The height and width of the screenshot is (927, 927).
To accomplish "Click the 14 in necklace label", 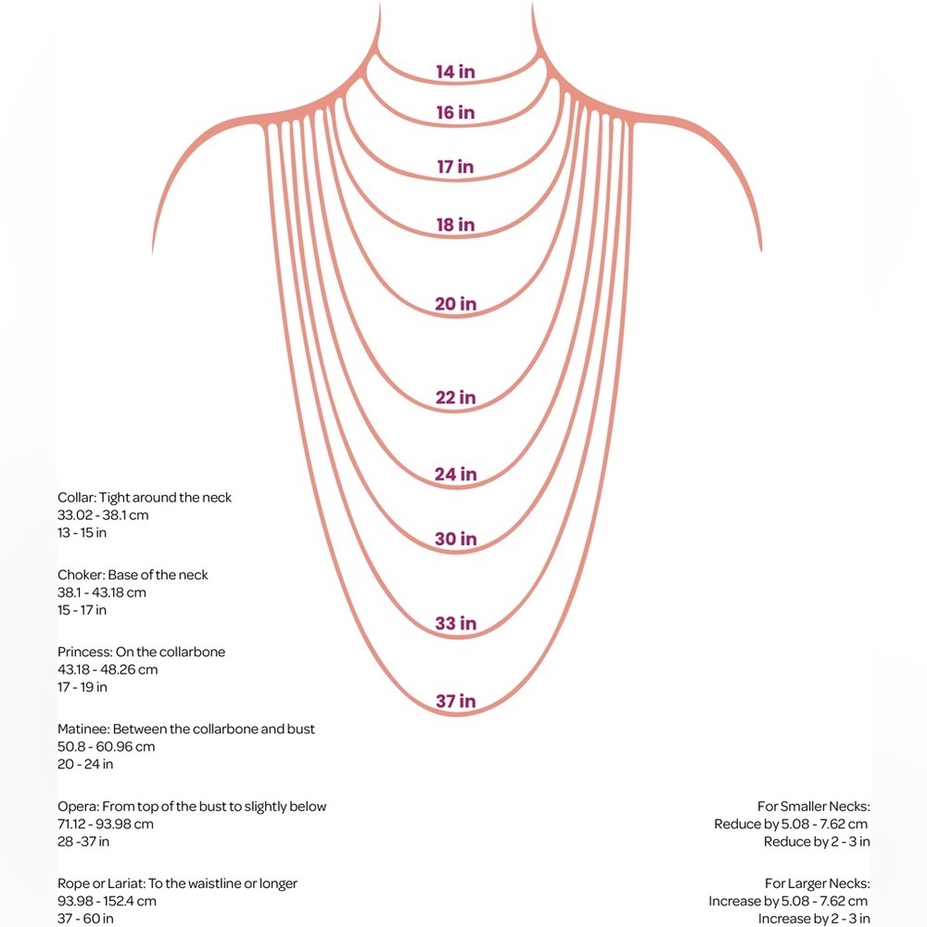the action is (x=455, y=71).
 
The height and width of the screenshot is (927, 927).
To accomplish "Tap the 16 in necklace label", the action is (x=455, y=112).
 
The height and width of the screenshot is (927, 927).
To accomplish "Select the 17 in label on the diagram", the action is (x=455, y=167).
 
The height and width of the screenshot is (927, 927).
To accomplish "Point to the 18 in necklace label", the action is (x=455, y=224).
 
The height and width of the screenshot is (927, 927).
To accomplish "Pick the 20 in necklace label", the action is (x=455, y=304).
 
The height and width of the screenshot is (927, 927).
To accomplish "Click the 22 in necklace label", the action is (x=455, y=398).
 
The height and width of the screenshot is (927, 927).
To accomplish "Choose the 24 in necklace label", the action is (x=455, y=474).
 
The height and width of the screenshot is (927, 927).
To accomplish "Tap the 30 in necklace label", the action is (x=455, y=539).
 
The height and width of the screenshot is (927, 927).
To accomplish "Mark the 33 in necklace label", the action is (x=455, y=623).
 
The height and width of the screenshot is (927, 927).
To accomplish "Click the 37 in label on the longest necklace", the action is (x=455, y=701).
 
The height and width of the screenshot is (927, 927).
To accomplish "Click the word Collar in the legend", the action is (x=77, y=497).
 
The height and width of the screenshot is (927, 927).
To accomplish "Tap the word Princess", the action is (x=85, y=652).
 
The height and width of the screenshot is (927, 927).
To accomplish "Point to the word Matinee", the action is (x=83, y=729).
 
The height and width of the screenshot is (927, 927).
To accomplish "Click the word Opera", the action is (x=78, y=806).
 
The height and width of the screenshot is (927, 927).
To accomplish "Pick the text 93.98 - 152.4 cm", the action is (x=107, y=901).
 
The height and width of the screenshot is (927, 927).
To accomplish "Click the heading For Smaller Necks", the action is (x=814, y=806).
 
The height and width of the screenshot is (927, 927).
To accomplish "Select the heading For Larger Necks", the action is (x=817, y=883).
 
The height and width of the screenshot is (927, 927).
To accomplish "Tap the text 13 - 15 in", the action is (x=83, y=533).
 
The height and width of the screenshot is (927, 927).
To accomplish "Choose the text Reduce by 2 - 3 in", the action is (x=817, y=842).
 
